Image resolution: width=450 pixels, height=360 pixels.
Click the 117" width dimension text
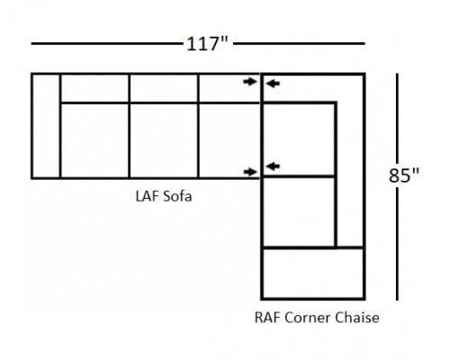pos(207,44)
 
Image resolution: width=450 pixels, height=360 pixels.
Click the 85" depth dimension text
pos(404,175)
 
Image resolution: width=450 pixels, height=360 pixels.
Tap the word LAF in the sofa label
pos(147,197)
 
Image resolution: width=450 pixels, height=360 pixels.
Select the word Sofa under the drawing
pos(177,197)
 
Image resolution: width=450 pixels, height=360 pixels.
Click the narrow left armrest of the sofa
pos(46,126)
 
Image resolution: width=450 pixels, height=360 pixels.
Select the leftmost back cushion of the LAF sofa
pos(94,88)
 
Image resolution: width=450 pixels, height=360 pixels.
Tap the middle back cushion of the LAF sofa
pos(164,88)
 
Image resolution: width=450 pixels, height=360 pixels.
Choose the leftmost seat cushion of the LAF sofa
pos(94,140)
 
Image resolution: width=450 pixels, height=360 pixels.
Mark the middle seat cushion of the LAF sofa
pos(164,140)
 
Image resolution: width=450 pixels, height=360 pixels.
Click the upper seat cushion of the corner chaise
pos(299,139)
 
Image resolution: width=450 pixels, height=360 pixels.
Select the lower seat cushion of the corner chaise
pos(299,211)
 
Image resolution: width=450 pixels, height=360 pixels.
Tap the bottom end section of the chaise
pos(313,274)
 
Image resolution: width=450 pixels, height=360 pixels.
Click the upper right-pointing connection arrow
pos(250,81)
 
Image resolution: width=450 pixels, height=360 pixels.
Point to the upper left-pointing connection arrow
pos(273,84)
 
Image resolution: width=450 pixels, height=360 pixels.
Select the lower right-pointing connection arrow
pos(250,172)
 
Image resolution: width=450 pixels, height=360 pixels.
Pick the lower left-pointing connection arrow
pos(273,166)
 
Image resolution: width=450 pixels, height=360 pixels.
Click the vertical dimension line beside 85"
pos(397,186)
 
